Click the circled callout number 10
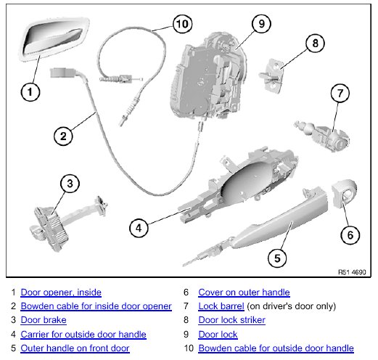pos(182,24)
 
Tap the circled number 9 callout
pos(261,23)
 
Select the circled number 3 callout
pos(70,184)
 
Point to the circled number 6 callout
pos(350,235)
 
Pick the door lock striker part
pos(271,75)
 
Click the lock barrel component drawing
pos(322,136)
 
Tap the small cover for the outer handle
pos(344,193)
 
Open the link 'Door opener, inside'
pos(61,292)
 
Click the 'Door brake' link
pos(44,320)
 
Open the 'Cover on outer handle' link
pos(244,292)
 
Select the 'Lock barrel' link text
pos(221,306)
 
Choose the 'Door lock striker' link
pos(232,320)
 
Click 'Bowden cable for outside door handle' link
pos(276,348)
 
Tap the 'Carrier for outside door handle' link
pos(83,335)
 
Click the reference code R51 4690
pos(352,272)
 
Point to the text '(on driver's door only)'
pos(292,306)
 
